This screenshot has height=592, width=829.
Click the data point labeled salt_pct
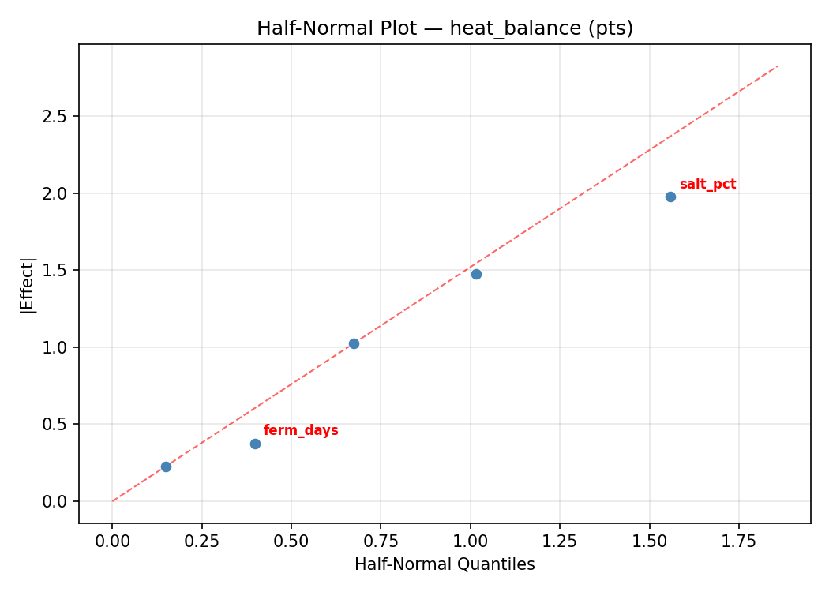click(670, 197)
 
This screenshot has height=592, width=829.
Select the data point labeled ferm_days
click(255, 444)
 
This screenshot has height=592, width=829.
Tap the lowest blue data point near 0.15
click(166, 466)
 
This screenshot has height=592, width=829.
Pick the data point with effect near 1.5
click(476, 274)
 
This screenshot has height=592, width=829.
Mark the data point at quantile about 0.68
click(354, 343)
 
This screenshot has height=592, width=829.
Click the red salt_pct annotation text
click(707, 185)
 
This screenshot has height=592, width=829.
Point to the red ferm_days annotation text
click(301, 431)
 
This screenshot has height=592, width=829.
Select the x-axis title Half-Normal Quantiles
click(445, 564)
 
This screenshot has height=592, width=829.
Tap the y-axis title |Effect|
click(28, 286)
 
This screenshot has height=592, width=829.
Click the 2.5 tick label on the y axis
click(56, 116)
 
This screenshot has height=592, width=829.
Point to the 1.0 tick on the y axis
click(56, 347)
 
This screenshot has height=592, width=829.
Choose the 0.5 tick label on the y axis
click(56, 424)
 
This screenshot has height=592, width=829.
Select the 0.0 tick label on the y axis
click(56, 501)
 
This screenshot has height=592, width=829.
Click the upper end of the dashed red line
click(778, 66)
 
